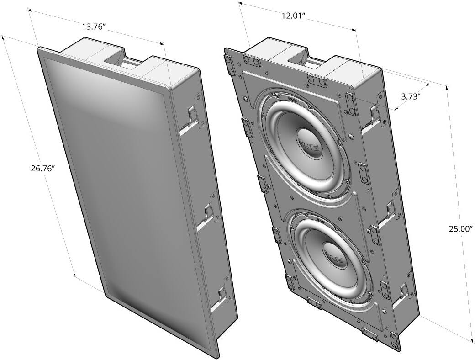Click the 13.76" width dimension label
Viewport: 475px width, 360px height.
click(x=94, y=27)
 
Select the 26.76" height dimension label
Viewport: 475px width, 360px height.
click(x=43, y=168)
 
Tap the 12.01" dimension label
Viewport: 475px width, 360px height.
click(x=293, y=16)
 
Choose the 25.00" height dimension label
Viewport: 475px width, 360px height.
click(x=460, y=229)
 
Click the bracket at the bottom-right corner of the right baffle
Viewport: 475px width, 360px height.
click(x=370, y=334)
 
